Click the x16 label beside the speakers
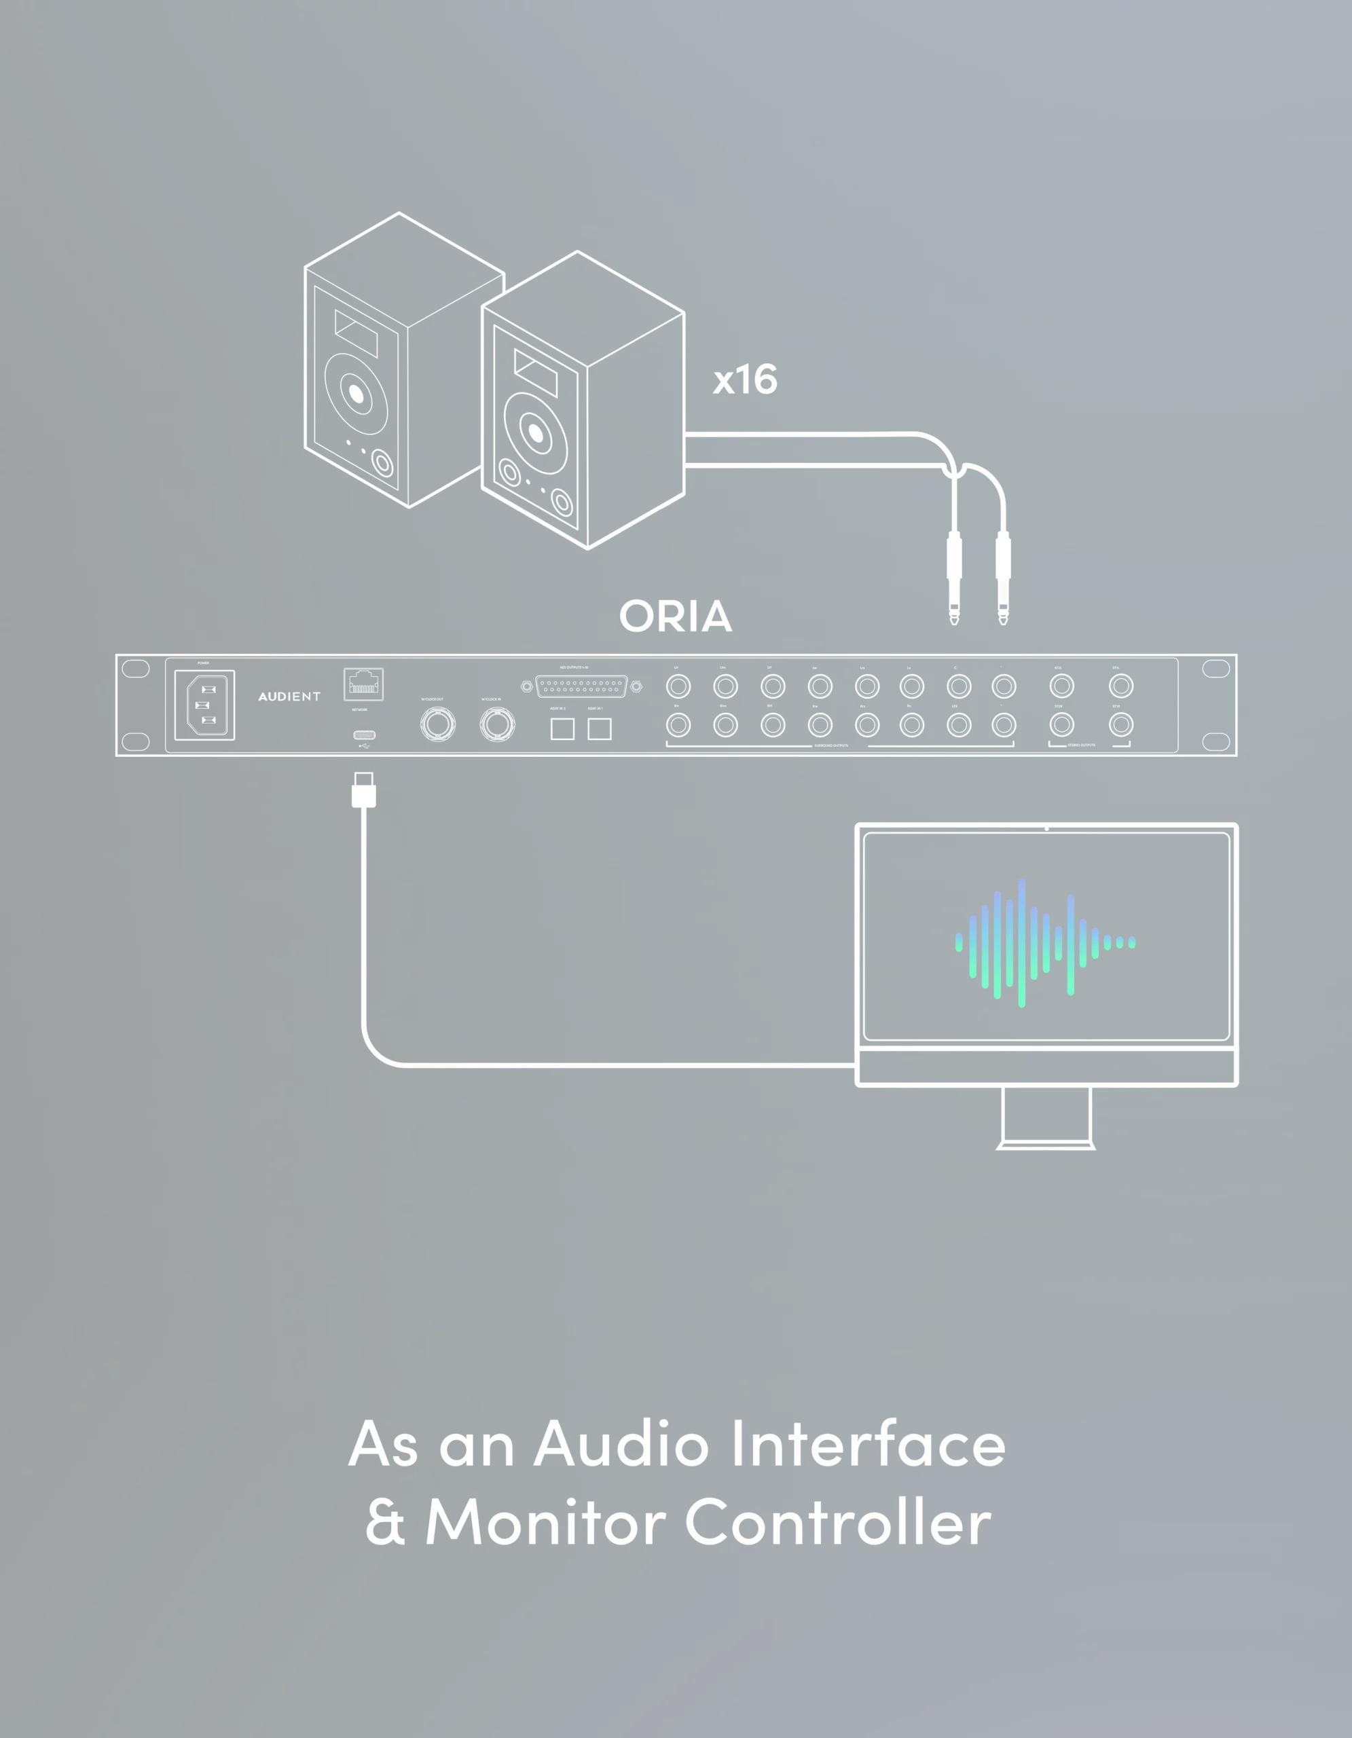pyautogui.click(x=745, y=380)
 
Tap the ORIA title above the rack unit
pyautogui.click(x=676, y=616)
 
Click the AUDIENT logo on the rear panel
pyautogui.click(x=289, y=697)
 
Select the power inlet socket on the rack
pyautogui.click(x=204, y=705)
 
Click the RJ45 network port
pyautogui.click(x=364, y=684)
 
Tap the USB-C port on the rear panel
pyautogui.click(x=364, y=735)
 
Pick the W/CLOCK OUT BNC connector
pyautogui.click(x=438, y=724)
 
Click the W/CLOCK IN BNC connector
pyautogui.click(x=497, y=724)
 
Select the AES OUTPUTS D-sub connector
pyautogui.click(x=581, y=685)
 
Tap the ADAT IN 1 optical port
pyautogui.click(x=599, y=728)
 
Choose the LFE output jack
pyautogui.click(x=959, y=725)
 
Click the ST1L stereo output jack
pyautogui.click(x=1121, y=686)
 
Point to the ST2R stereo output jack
pyautogui.click(x=1061, y=725)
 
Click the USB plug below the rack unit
pyautogui.click(x=364, y=791)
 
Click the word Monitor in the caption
pyautogui.click(x=545, y=1521)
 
